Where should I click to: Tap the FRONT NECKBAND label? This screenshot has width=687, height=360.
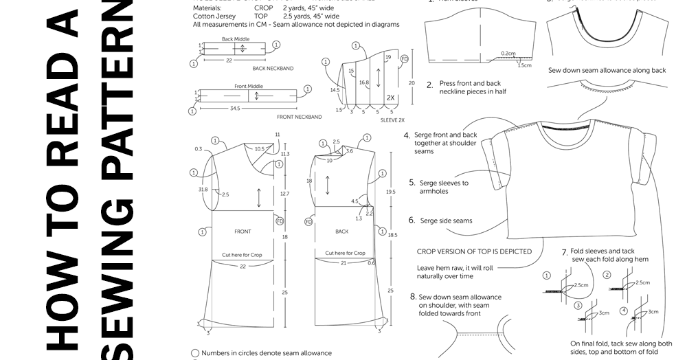click(x=300, y=117)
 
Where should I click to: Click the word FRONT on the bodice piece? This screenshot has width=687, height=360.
click(x=243, y=232)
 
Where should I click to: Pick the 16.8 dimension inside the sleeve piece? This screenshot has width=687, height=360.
click(x=364, y=82)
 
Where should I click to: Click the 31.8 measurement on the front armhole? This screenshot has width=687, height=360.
click(x=203, y=190)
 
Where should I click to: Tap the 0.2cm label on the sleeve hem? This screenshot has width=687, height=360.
click(x=508, y=52)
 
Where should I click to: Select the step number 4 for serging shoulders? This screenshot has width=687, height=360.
click(x=407, y=135)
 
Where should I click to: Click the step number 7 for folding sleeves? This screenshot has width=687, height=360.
click(x=564, y=252)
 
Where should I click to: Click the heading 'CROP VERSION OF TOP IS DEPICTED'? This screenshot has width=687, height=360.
click(x=474, y=251)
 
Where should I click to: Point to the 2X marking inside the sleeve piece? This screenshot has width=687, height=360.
click(x=390, y=98)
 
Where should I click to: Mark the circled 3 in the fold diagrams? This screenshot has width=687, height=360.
click(x=578, y=306)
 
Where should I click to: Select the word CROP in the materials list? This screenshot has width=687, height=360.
click(x=264, y=8)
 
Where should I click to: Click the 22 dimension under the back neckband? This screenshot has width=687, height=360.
click(x=229, y=60)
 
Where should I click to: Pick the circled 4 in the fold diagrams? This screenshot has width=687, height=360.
click(x=623, y=311)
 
